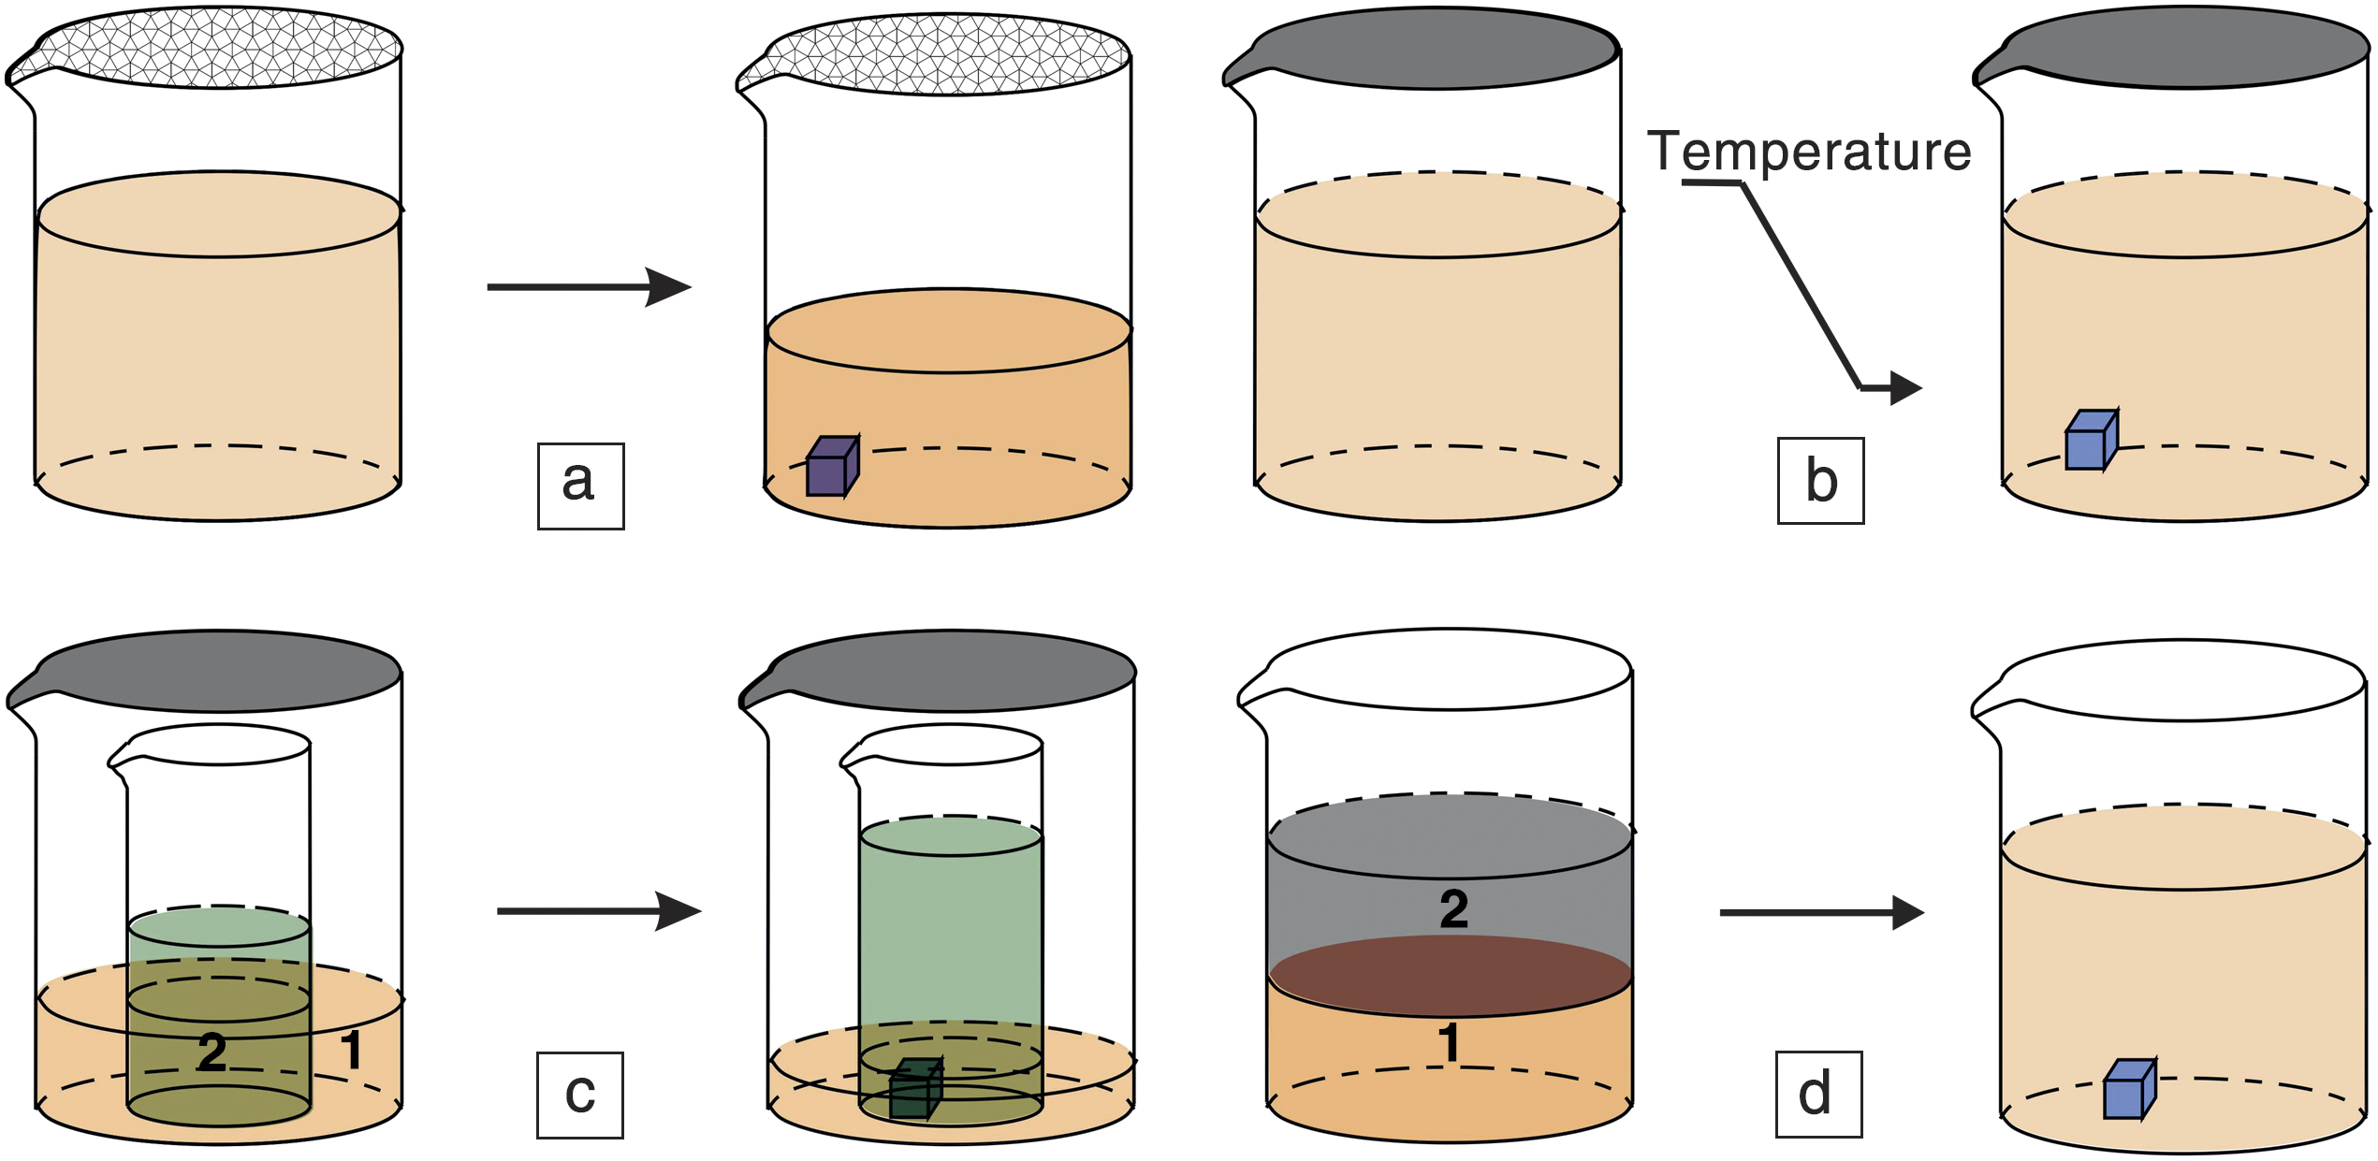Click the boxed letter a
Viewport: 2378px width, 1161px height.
pyautogui.click(x=580, y=486)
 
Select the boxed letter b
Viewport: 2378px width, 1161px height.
pyautogui.click(x=1820, y=481)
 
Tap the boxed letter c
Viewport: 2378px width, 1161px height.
pyautogui.click(x=579, y=1095)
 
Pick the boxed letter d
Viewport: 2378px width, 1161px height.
pyautogui.click(x=1818, y=1095)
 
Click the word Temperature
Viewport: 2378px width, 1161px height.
pyautogui.click(x=1809, y=151)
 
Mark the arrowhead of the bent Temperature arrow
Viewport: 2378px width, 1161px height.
pyautogui.click(x=1904, y=387)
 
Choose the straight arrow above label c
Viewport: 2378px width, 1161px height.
pyautogui.click(x=598, y=910)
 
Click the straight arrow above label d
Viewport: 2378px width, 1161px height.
pyautogui.click(x=1820, y=912)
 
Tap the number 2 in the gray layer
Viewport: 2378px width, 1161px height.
pyautogui.click(x=1453, y=909)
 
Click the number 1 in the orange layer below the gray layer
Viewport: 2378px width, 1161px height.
pyautogui.click(x=1449, y=1042)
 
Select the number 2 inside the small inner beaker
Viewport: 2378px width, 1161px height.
pyautogui.click(x=212, y=1052)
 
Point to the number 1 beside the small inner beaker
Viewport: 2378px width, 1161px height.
pyautogui.click(x=351, y=1050)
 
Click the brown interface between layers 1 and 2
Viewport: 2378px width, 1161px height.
pyautogui.click(x=1450, y=975)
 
